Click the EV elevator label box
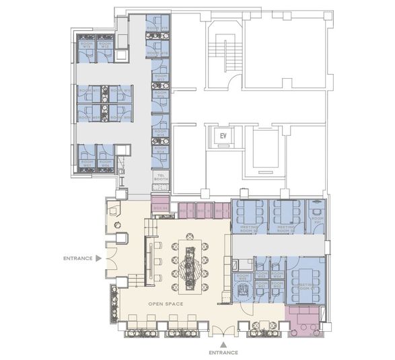(x=223, y=135)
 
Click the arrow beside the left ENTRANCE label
(x=98, y=258)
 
